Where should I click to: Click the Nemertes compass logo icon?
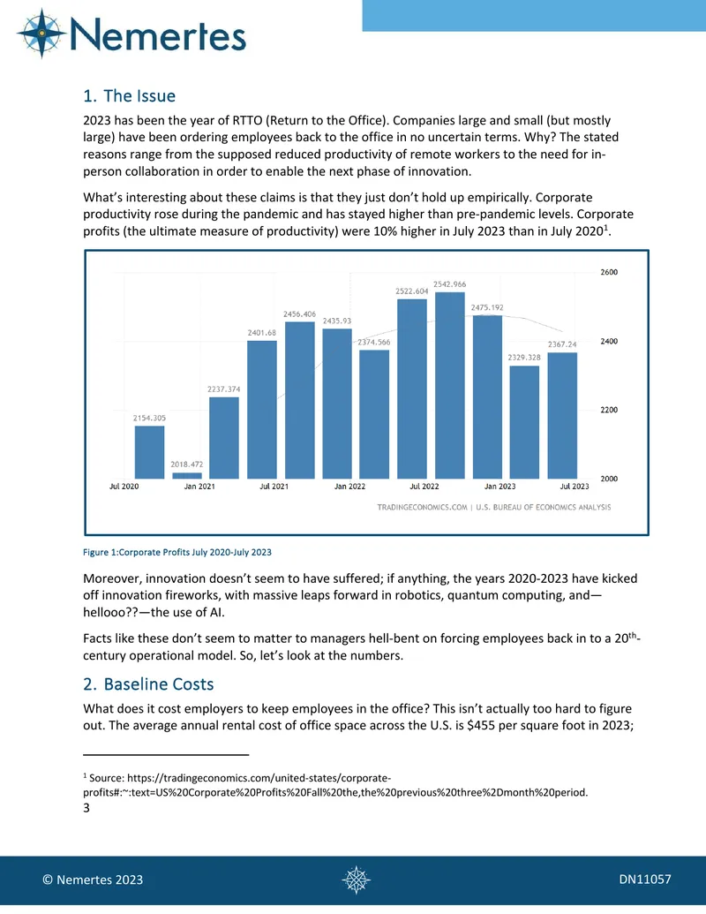click(42, 34)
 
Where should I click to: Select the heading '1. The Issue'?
click(130, 95)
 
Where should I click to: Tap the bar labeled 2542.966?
click(450, 385)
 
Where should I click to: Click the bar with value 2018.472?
click(187, 476)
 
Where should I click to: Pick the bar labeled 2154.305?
click(150, 452)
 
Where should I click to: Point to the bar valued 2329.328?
click(524, 422)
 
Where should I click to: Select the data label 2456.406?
click(299, 314)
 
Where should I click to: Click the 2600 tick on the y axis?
click(609, 272)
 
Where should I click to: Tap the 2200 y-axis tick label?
click(609, 410)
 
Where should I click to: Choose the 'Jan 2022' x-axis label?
click(349, 487)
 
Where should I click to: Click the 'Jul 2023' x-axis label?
click(575, 487)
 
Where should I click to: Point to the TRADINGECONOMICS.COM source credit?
click(423, 507)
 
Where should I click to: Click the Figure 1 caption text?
click(177, 552)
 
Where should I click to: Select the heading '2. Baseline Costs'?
click(148, 684)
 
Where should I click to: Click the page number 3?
click(86, 808)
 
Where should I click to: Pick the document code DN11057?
click(645, 879)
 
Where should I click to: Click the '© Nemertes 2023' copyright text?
click(93, 880)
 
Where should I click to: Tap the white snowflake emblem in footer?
click(356, 880)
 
